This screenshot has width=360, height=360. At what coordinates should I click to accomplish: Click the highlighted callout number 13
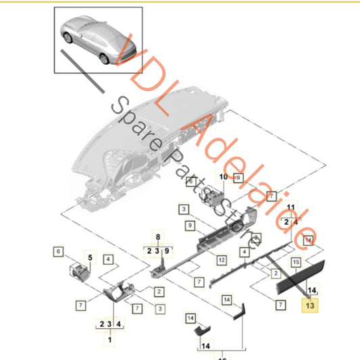pos(310,305)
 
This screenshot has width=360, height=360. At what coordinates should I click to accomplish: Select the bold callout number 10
pos(224,177)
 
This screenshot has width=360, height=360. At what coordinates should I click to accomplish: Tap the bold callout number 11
pos(290,207)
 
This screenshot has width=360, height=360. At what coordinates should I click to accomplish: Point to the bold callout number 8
pos(158,237)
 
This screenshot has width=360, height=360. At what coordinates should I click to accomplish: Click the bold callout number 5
pos(91,257)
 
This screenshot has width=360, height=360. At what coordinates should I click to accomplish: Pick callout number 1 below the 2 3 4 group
pos(109,340)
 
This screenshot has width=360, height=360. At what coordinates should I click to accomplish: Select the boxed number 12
pos(222,260)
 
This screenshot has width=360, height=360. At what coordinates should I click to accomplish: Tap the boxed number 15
pos(296,262)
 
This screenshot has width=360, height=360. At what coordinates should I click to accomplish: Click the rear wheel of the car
pos(104,59)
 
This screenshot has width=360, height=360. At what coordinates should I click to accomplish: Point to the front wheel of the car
pos(68,38)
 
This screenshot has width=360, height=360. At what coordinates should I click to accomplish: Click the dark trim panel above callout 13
pos(301,278)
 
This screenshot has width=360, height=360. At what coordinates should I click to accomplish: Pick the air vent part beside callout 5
pos(80,272)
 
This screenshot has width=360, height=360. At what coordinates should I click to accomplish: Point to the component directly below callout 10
pos(212,198)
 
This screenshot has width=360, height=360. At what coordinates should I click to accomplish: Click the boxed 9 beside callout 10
pos(238,178)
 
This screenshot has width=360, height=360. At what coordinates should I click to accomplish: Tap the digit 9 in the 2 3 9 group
pos(167,251)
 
